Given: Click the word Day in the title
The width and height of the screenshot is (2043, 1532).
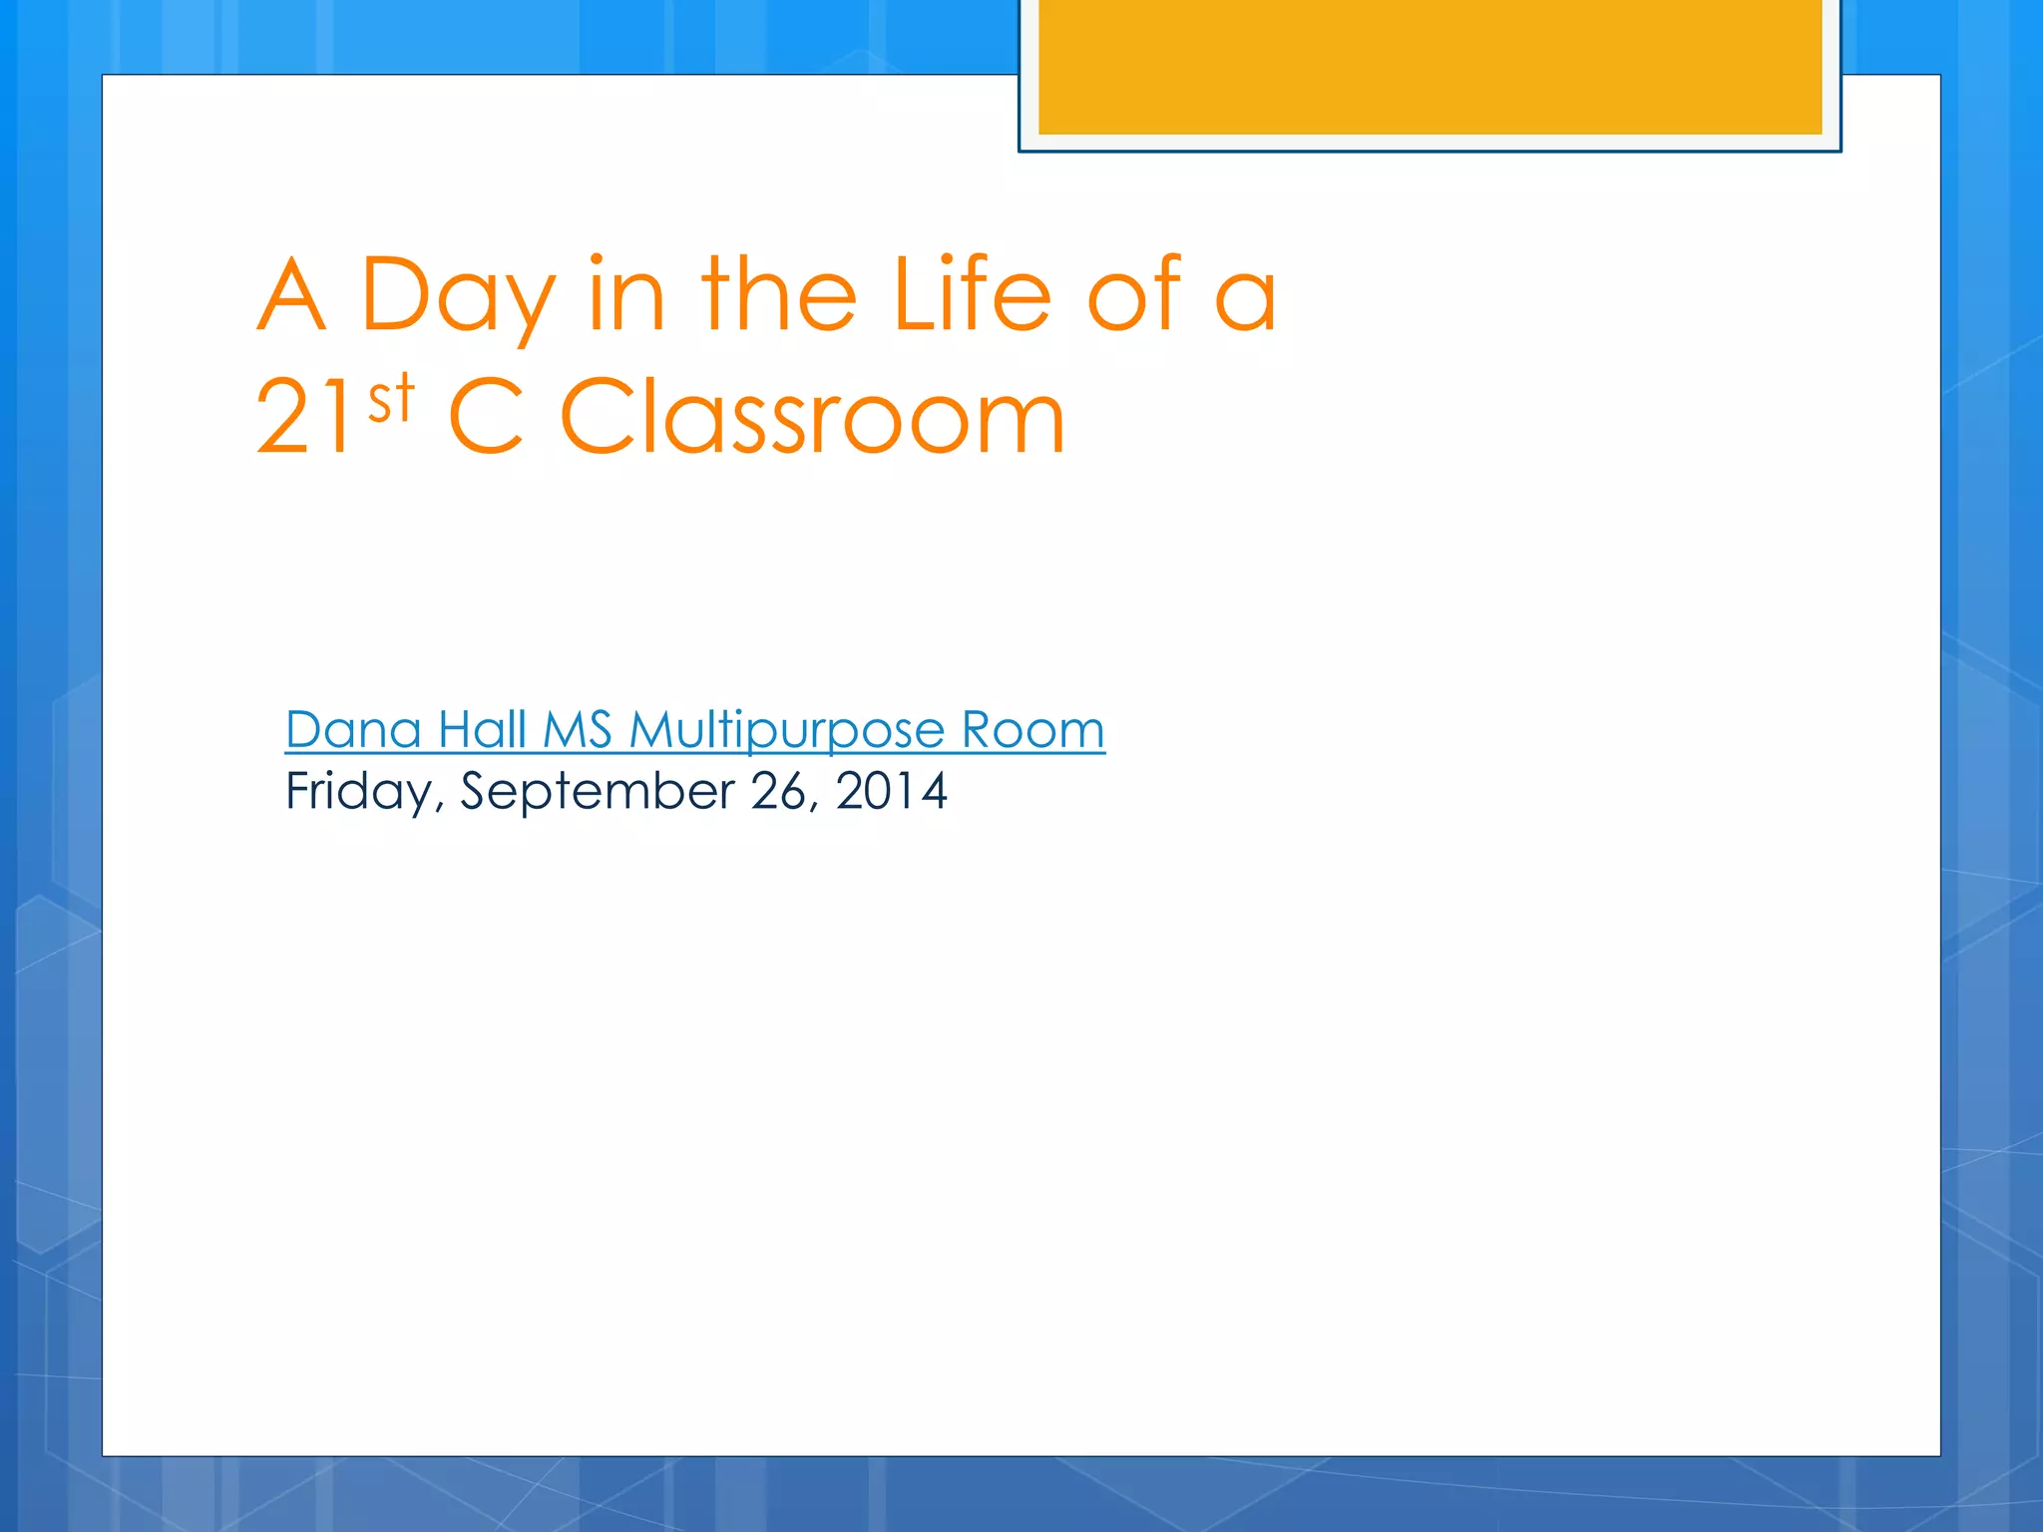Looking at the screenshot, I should click(x=458, y=296).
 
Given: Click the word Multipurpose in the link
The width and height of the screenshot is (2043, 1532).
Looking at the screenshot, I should click(x=787, y=731).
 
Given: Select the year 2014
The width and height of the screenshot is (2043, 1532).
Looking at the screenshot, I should click(x=891, y=791).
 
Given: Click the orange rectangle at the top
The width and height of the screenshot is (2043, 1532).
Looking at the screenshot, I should click(x=1430, y=66).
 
